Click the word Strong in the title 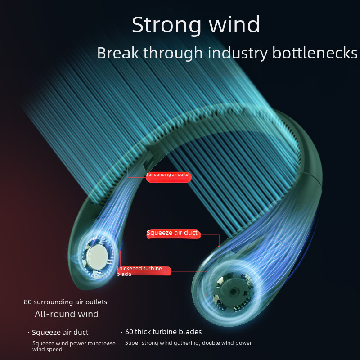(x=166, y=25)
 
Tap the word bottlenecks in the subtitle (x=315, y=53)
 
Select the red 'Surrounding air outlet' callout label (x=168, y=177)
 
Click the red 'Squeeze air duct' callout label (x=173, y=234)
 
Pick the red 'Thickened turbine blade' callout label (x=144, y=271)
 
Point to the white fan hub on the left (x=98, y=256)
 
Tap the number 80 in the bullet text (x=27, y=302)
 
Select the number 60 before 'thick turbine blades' (x=129, y=332)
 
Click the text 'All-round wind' (x=67, y=314)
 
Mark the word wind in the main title (x=234, y=25)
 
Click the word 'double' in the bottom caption (x=211, y=343)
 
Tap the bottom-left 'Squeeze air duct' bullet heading (x=60, y=332)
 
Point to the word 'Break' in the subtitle (x=118, y=53)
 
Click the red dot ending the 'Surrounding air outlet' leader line (x=128, y=166)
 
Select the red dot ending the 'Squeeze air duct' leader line (x=219, y=246)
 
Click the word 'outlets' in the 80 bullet (x=96, y=302)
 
